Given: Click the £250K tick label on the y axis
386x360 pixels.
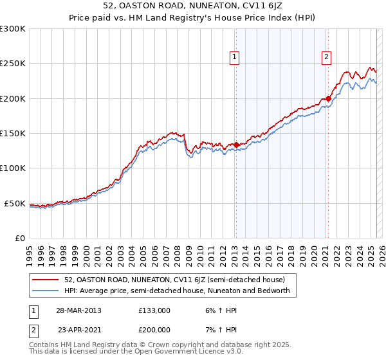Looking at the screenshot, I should (13, 64).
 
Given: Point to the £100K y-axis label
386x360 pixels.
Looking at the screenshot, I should (13, 168).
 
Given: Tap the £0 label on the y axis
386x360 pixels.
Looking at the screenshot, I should (20, 238).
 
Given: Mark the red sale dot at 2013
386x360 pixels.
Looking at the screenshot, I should (236, 145).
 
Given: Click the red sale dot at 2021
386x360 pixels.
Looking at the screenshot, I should (328, 98).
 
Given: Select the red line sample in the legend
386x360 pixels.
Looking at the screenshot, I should (46, 280).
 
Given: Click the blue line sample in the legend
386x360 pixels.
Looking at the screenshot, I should (46, 291).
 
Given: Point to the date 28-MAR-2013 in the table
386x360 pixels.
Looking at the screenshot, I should (78, 310).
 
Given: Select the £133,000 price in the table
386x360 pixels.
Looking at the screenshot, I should (153, 310).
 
